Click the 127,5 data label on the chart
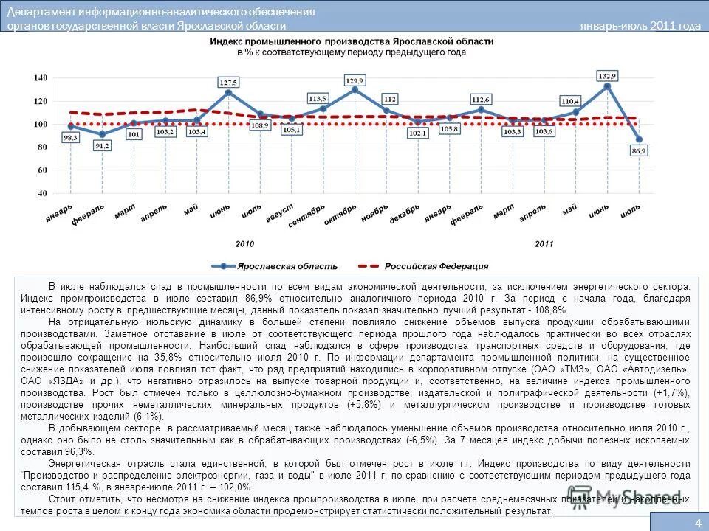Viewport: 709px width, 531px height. point(227,82)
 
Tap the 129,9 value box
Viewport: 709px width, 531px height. point(355,80)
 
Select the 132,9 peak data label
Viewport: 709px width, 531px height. point(607,76)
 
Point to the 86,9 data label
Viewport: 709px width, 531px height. point(639,150)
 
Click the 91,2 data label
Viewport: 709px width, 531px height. point(102,146)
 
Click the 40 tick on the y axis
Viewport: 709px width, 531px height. point(42,193)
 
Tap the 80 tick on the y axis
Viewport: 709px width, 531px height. point(42,147)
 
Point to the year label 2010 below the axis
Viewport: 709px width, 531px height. point(244,243)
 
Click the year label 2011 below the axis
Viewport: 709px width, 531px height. point(544,243)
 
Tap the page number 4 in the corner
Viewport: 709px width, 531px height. point(697,522)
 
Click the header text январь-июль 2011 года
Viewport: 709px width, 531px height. point(640,26)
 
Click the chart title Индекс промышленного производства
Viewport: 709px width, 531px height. point(351,44)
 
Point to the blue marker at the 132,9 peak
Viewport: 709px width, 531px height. point(607,86)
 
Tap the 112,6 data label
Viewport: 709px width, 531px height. point(481,99)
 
